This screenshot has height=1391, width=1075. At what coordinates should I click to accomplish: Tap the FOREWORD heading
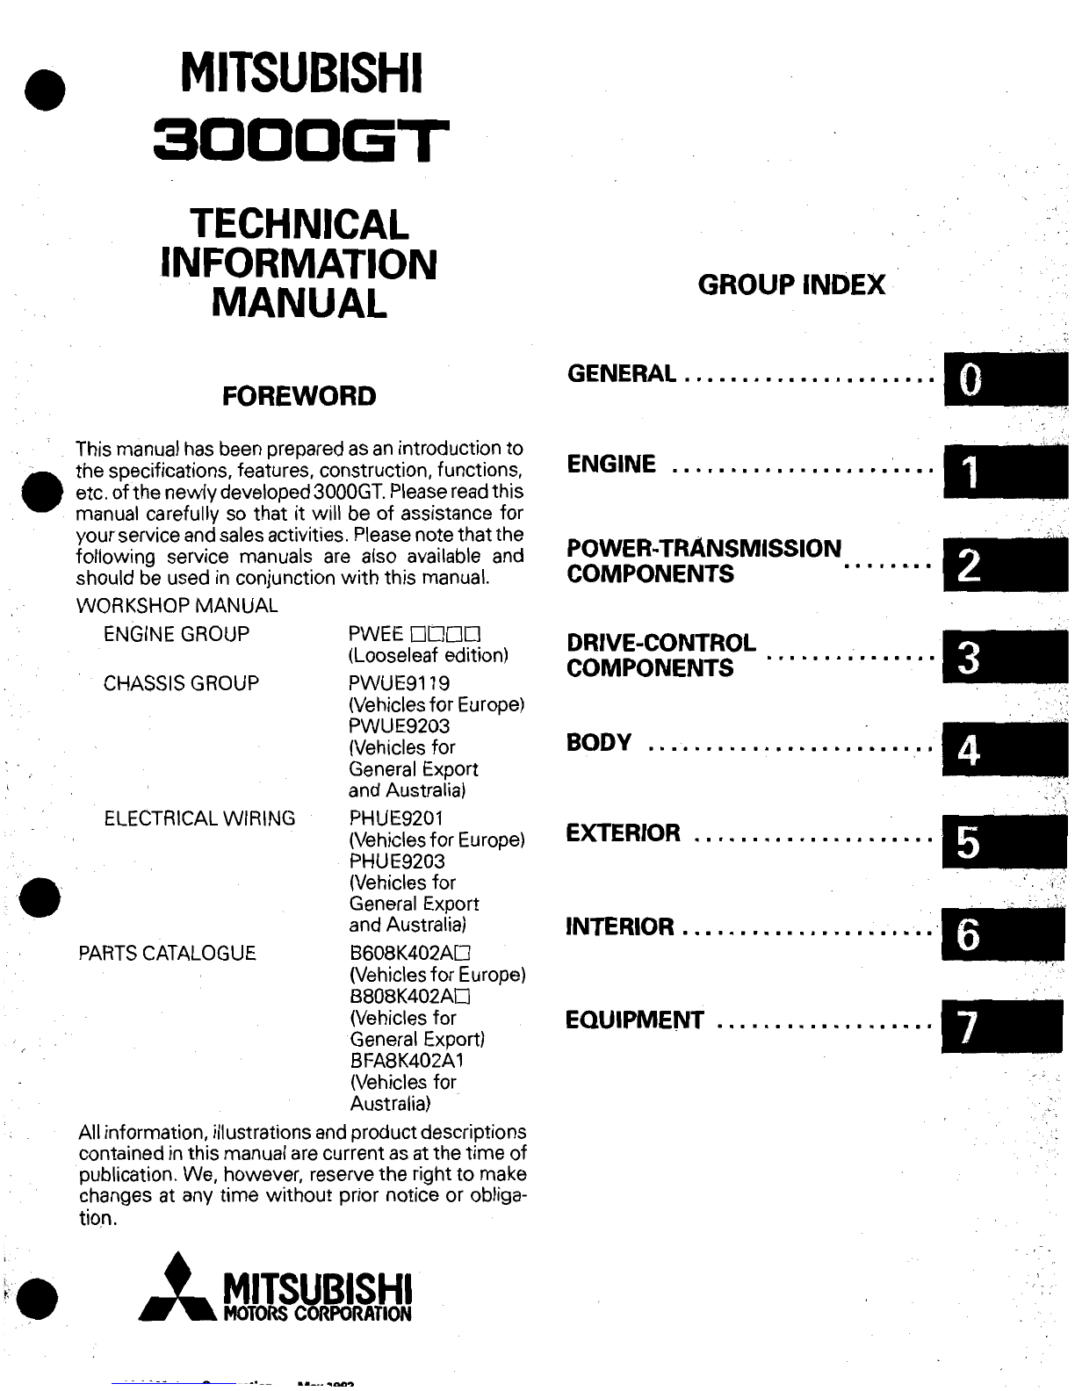[299, 396]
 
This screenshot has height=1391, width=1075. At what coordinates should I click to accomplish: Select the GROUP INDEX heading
[790, 285]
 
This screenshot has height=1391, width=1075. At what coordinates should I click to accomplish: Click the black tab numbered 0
[1006, 379]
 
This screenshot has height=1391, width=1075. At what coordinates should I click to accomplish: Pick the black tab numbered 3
[1006, 657]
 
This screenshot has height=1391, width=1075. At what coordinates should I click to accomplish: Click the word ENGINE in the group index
[611, 464]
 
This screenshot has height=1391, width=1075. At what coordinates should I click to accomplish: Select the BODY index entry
[599, 743]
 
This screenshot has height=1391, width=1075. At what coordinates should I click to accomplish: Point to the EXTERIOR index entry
[623, 832]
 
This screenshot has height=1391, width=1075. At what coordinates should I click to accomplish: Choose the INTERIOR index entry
[620, 926]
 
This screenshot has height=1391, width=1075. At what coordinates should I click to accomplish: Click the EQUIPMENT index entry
[634, 1020]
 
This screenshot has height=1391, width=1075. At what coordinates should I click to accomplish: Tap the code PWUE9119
[399, 683]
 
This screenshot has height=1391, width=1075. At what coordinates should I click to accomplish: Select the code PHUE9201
[397, 818]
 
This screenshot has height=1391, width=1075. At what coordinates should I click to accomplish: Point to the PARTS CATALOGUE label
[167, 953]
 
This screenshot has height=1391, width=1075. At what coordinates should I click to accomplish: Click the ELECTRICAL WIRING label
[199, 818]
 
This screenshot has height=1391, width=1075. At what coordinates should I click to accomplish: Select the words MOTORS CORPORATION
[317, 1315]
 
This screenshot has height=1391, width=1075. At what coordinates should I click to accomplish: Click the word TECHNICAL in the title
[299, 224]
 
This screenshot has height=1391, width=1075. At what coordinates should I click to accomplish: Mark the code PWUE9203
[399, 726]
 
